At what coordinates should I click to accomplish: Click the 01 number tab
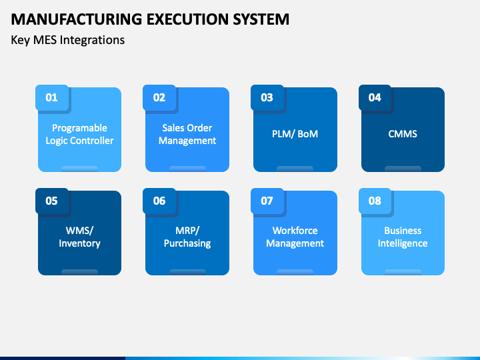52,97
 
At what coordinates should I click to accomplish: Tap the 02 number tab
159,97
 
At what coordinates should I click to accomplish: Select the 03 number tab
267,97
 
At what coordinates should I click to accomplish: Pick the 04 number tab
375,97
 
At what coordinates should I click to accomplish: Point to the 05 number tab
52,201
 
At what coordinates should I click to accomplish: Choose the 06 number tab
159,201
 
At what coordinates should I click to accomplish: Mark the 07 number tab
267,201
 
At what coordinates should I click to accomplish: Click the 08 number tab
375,201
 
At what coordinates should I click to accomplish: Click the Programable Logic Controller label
79,134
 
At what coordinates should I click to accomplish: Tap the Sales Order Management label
187,134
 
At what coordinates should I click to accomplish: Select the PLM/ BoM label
295,134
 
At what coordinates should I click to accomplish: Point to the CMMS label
403,134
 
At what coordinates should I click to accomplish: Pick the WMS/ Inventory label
79,237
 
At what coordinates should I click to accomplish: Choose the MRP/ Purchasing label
187,237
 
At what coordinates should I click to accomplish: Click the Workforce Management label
295,237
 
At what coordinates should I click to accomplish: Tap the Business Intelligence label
403,237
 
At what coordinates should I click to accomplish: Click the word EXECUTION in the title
187,19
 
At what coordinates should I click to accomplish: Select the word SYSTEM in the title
261,19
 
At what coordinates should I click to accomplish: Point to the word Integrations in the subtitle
92,41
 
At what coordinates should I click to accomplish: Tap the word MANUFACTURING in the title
77,19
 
